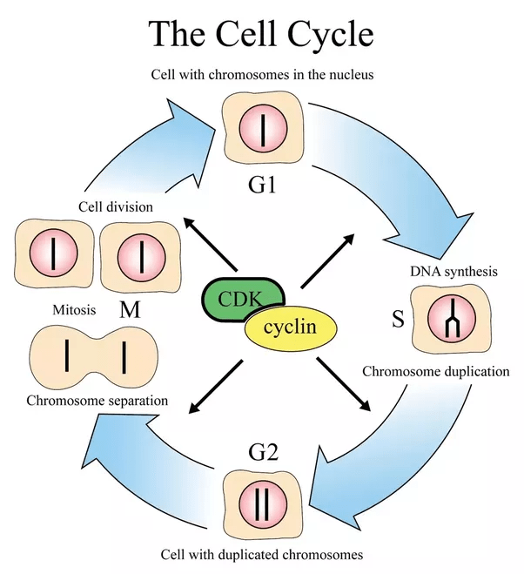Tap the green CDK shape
click(x=236, y=301)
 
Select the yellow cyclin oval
click(x=291, y=328)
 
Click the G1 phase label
click(x=263, y=184)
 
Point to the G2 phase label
click(x=264, y=452)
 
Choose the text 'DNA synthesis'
click(x=453, y=271)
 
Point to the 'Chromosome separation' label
click(x=97, y=401)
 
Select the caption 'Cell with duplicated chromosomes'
click(x=261, y=554)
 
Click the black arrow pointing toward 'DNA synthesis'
click(x=328, y=260)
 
